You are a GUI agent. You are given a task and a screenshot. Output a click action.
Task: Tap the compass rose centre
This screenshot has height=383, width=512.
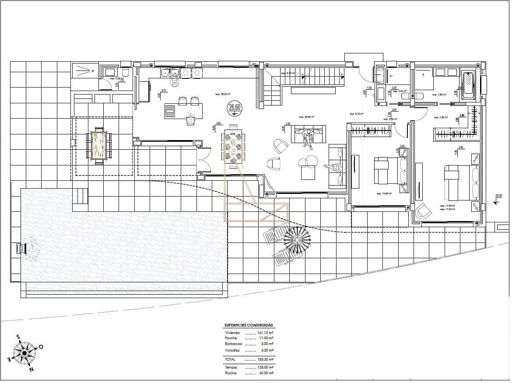(25, 352)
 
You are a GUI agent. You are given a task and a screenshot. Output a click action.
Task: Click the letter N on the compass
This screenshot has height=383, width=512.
(31, 369)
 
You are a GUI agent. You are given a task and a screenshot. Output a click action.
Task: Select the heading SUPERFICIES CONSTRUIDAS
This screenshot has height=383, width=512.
(249, 326)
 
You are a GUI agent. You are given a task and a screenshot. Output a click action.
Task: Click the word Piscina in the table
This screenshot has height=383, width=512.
(231, 373)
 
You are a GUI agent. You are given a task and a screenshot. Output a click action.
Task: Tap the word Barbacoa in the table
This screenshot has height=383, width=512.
(233, 344)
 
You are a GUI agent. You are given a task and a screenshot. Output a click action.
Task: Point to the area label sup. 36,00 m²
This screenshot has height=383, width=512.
(223, 94)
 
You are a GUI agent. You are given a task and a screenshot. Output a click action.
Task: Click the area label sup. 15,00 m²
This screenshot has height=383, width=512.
(384, 193)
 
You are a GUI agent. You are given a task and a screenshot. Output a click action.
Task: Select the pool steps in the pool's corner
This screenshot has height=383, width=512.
(80, 196)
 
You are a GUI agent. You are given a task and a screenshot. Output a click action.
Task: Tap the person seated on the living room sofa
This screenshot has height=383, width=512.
(309, 137)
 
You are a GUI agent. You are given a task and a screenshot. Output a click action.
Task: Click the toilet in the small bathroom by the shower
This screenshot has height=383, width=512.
(125, 73)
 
